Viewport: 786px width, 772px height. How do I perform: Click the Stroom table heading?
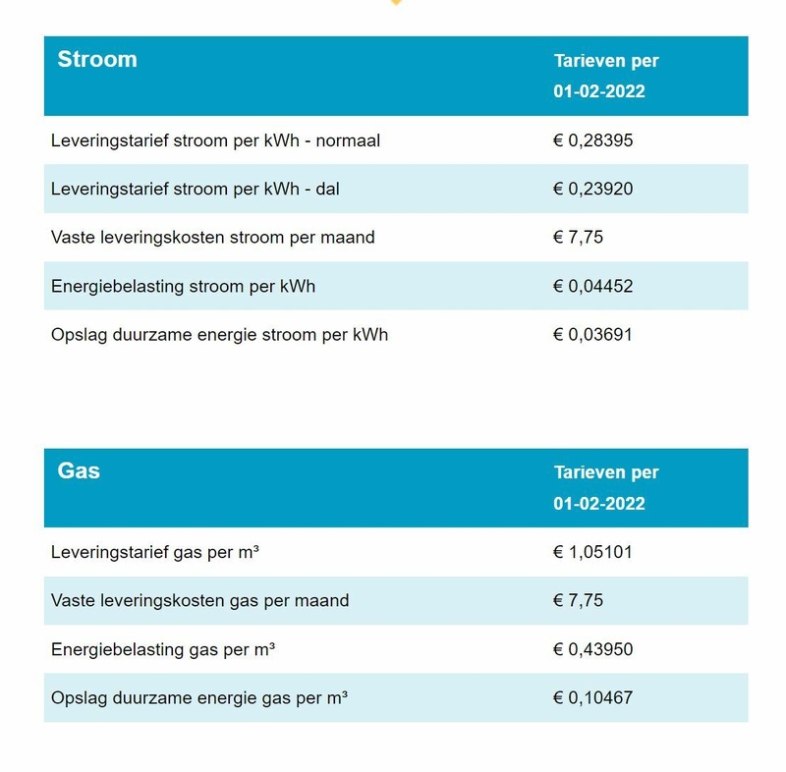(x=97, y=59)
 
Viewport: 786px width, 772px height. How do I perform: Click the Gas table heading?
(x=79, y=470)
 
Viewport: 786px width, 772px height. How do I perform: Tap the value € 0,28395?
(x=592, y=140)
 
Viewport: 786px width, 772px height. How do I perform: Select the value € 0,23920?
(x=592, y=189)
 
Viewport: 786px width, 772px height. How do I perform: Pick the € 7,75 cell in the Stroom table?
(x=578, y=237)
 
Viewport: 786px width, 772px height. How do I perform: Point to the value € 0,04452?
(x=592, y=287)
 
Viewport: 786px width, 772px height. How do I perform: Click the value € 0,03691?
(x=592, y=335)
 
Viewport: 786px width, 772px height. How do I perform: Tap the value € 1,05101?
(x=592, y=552)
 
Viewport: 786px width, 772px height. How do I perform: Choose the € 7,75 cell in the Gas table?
(x=578, y=600)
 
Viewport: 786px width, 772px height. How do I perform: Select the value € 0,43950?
(x=592, y=649)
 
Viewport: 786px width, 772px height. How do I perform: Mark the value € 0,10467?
(x=592, y=698)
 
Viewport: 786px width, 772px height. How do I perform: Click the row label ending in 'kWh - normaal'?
(x=215, y=140)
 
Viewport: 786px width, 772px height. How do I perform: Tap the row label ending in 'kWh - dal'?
(x=196, y=189)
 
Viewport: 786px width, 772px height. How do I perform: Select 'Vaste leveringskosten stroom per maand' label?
(x=212, y=237)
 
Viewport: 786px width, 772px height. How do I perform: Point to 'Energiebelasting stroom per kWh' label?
(x=183, y=287)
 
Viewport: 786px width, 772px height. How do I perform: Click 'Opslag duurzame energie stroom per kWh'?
(x=219, y=335)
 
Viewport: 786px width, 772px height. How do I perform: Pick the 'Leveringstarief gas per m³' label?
(x=155, y=552)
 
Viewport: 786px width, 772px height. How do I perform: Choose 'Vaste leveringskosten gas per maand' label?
(x=199, y=600)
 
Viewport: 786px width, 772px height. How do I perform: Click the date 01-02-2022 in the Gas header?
(x=598, y=504)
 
